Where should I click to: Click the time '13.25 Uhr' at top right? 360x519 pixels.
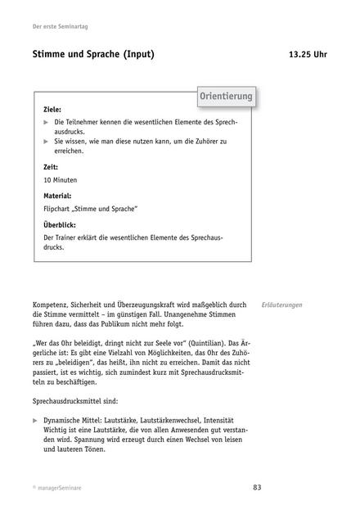(308, 55)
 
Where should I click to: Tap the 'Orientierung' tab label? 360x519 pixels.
(226, 97)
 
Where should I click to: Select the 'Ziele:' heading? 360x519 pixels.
(52, 108)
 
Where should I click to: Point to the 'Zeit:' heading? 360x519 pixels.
(51, 167)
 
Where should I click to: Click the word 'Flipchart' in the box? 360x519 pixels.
(57, 209)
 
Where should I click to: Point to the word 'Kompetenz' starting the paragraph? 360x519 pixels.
(51, 305)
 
